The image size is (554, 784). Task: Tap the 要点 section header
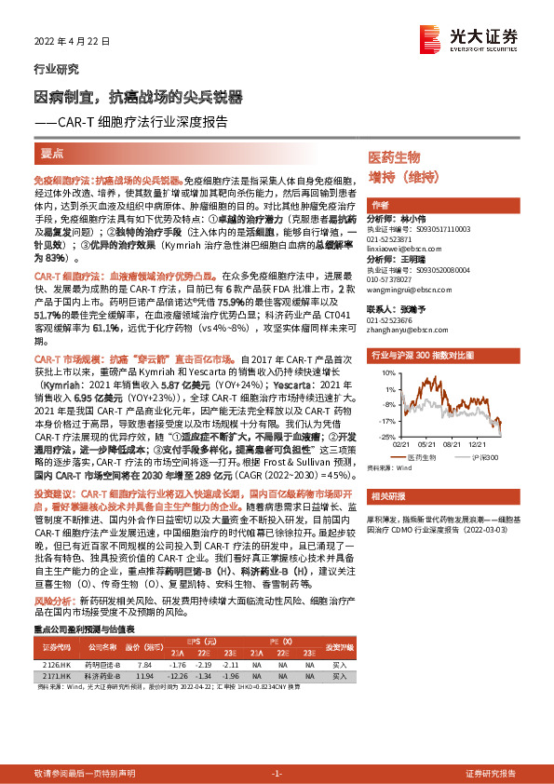coord(52,153)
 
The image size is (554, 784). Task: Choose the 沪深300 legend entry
coord(491,457)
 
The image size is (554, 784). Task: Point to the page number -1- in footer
coord(277,773)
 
